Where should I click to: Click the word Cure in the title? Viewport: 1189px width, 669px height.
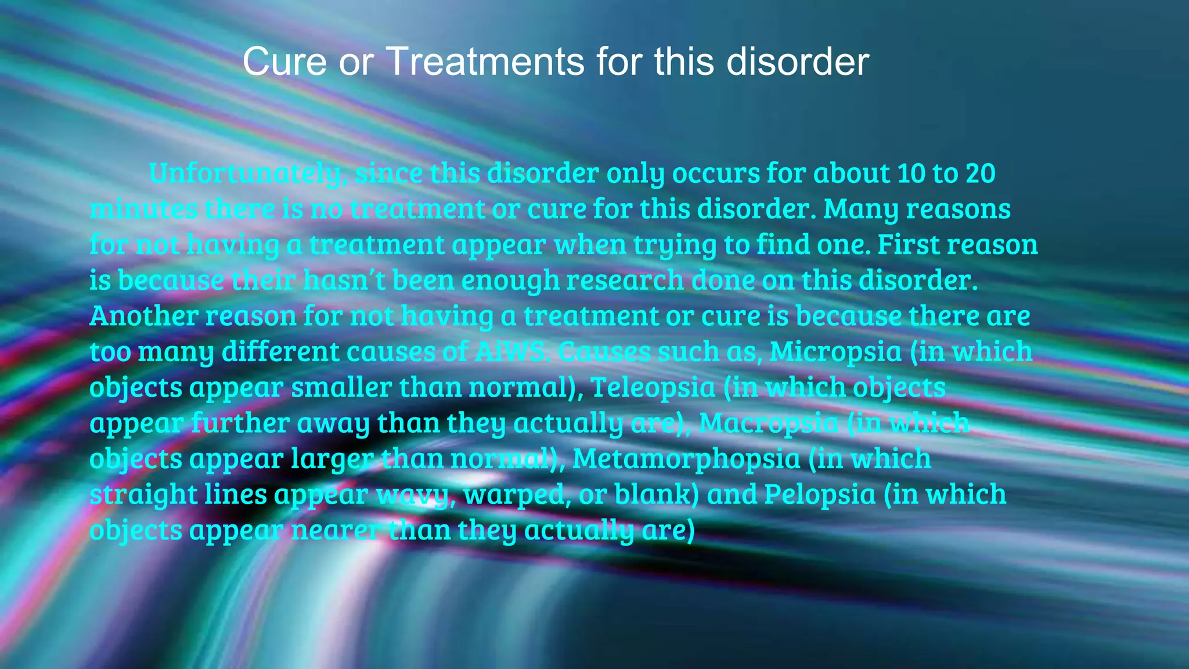click(x=284, y=62)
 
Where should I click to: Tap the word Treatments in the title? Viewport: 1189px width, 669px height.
click(x=485, y=62)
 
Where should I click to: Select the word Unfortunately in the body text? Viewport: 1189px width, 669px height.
click(x=245, y=174)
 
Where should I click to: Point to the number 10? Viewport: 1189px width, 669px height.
click(x=911, y=174)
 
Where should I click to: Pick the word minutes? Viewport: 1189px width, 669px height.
click(x=143, y=209)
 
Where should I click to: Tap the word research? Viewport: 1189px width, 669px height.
click(x=625, y=280)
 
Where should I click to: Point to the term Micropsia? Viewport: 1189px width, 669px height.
click(x=835, y=351)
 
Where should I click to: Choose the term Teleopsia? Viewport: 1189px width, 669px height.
click(x=653, y=387)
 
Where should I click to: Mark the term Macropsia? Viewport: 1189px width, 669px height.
click(x=768, y=423)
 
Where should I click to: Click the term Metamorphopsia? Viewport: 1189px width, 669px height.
click(x=686, y=459)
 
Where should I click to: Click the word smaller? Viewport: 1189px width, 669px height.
click(x=341, y=387)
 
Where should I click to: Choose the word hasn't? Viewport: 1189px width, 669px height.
click(x=344, y=280)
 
